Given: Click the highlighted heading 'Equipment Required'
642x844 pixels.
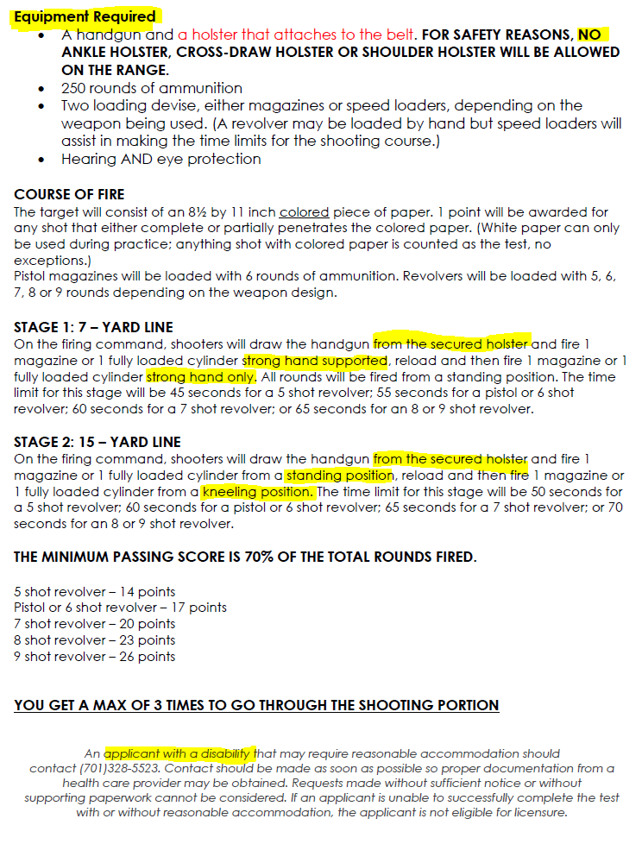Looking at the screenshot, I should pos(85,16).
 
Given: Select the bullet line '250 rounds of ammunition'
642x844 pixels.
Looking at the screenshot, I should pos(152,88).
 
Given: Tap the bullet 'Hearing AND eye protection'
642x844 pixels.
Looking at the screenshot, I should pos(160,159).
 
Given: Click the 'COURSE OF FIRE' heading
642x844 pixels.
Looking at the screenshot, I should pos(69,194).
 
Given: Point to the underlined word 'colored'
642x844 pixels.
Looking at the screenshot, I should pos(304,211).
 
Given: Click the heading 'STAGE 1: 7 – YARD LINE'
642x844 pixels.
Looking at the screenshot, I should pos(93,327).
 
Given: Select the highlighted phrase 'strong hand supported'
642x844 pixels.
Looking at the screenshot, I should pos(315,361).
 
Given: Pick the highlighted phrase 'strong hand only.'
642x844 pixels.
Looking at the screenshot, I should pos(201,377).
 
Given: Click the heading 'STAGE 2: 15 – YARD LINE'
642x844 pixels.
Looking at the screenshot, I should pos(98,442).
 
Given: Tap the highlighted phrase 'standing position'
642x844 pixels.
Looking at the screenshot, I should pos(339,476).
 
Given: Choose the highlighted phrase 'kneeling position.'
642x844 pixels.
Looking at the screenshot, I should pos(258,492).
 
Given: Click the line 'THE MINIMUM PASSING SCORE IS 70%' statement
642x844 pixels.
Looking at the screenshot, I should pos(244,557).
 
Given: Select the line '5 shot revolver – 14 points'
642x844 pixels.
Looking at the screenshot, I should pos(95,591).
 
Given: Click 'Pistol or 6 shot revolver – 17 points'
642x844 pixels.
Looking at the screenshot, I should pos(121,608).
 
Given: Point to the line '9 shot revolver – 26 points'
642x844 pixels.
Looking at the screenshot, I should pos(95,657).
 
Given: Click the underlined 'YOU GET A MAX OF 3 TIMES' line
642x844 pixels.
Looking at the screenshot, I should pos(256,705).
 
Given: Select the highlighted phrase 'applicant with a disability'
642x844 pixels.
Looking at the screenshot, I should pos(180,753).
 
